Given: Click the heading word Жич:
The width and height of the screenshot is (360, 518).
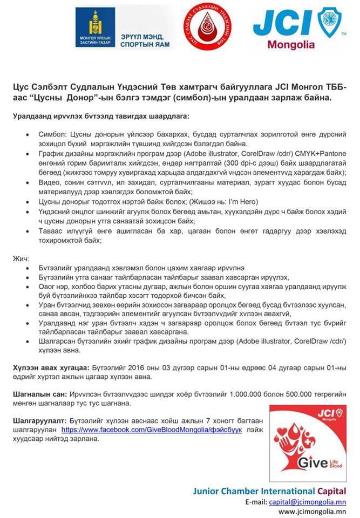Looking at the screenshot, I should (22, 258).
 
